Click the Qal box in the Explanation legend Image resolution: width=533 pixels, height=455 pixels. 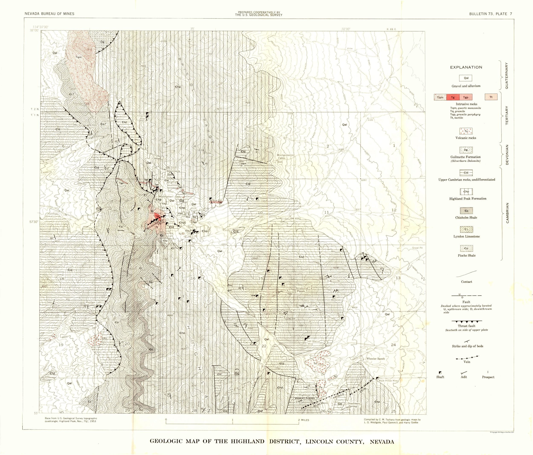(466, 78)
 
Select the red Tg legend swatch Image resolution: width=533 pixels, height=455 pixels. (453, 97)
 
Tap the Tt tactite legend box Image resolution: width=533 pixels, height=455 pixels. (491, 97)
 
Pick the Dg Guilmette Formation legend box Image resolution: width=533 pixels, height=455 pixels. (466, 150)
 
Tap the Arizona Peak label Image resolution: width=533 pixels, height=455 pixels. (301, 290)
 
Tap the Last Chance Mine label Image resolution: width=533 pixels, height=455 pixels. (313, 343)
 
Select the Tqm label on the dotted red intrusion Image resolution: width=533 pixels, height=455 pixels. (79, 57)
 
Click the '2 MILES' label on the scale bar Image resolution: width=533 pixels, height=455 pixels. (304, 420)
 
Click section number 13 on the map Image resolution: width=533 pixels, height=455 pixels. (398, 278)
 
